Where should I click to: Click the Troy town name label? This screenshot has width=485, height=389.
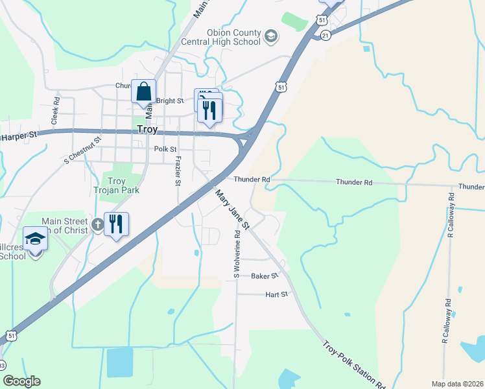[x=147, y=130]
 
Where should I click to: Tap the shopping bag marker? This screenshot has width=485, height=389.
[x=143, y=91]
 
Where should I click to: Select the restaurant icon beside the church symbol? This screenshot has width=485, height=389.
[x=116, y=224]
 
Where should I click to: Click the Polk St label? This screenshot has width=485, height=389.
[x=165, y=149]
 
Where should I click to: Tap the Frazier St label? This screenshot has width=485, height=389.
[x=178, y=170]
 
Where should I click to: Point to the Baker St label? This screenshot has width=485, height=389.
[x=265, y=276]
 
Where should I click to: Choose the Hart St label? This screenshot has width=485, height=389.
[x=276, y=294]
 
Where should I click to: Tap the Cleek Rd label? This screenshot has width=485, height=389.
[x=55, y=111]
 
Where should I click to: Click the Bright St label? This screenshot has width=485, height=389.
[x=170, y=101]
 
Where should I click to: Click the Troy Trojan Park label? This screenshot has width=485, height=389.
[x=116, y=185]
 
